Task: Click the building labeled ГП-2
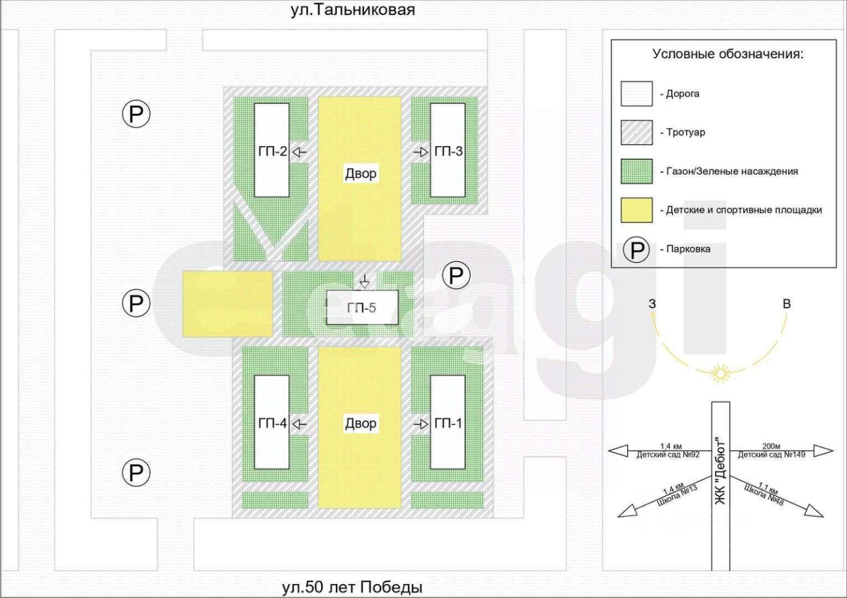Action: (272, 150)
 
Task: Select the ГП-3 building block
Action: (448, 150)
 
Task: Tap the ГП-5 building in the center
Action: (361, 308)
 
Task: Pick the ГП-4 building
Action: (272, 422)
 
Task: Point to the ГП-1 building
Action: (448, 422)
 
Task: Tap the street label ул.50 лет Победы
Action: (351, 587)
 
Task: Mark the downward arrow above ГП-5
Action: (363, 281)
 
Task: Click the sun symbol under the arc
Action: (719, 374)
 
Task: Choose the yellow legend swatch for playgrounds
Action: (637, 210)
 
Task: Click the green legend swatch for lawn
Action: (637, 171)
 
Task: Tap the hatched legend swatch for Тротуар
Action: (637, 132)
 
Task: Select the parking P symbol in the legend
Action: (637, 250)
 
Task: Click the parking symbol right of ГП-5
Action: (455, 275)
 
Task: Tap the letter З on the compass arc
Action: (652, 304)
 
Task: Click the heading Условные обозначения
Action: (727, 54)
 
